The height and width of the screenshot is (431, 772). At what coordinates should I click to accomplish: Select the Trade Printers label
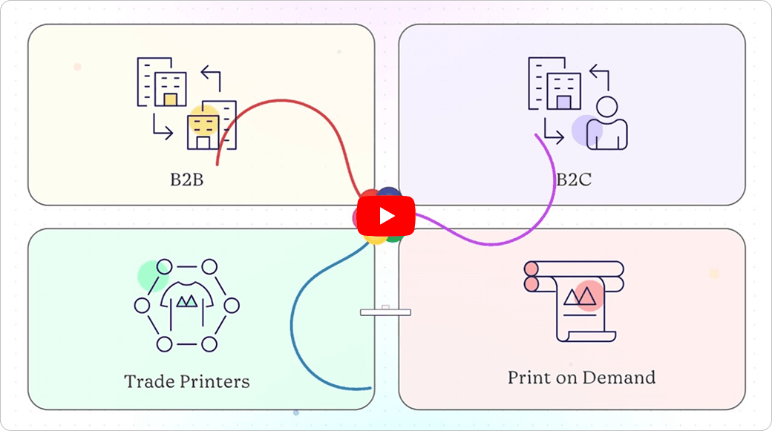(x=186, y=381)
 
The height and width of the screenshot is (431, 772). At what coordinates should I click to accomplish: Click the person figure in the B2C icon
(x=606, y=125)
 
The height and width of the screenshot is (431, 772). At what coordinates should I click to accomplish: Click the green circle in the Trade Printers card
(x=151, y=275)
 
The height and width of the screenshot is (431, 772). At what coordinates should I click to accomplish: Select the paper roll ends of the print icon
(x=531, y=275)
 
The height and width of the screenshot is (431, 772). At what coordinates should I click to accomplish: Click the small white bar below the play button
(x=385, y=312)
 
